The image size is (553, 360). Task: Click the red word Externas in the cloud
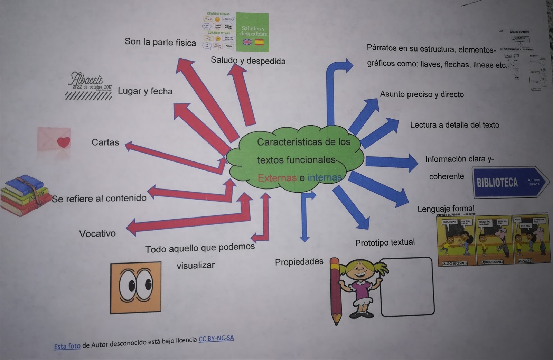(277, 178)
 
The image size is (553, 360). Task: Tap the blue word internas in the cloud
(324, 177)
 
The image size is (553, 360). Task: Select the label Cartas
(105, 142)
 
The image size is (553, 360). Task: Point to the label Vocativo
(97, 233)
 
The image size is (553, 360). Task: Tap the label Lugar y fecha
(145, 91)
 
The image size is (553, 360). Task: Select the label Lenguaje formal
(446, 209)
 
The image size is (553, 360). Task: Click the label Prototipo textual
(385, 242)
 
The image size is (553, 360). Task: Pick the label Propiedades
(299, 262)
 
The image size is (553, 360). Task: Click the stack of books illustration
(22, 195)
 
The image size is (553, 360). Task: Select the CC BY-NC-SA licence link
(216, 338)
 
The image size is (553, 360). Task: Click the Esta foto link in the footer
(67, 346)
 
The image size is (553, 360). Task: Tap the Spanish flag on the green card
(259, 42)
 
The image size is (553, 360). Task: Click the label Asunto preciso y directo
(422, 94)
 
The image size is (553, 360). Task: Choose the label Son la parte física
(160, 42)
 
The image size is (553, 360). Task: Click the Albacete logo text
(86, 80)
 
